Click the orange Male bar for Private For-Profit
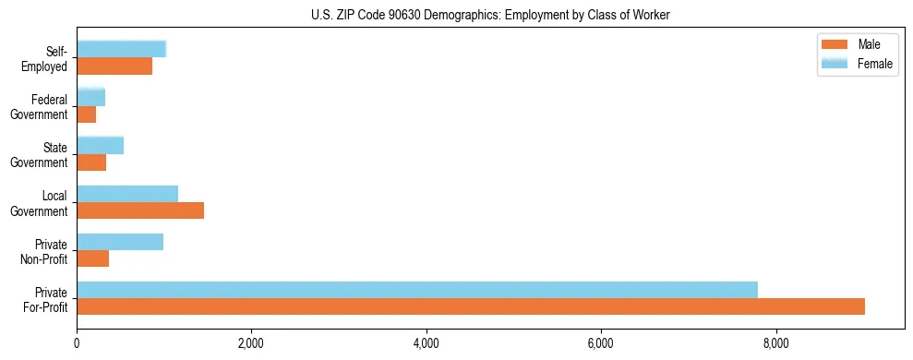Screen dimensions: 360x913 coord(471,306)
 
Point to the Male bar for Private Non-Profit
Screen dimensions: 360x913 coord(92,258)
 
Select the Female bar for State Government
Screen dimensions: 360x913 coord(100,146)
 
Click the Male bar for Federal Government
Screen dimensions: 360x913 coord(86,114)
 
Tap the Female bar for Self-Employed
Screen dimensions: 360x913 coord(121,49)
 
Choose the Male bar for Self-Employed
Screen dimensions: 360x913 coord(114,66)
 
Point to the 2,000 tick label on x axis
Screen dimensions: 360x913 coord(251,345)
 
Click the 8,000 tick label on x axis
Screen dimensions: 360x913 coord(776,345)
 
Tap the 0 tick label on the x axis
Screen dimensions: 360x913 coord(77,345)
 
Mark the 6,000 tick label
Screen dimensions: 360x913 coord(601,345)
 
